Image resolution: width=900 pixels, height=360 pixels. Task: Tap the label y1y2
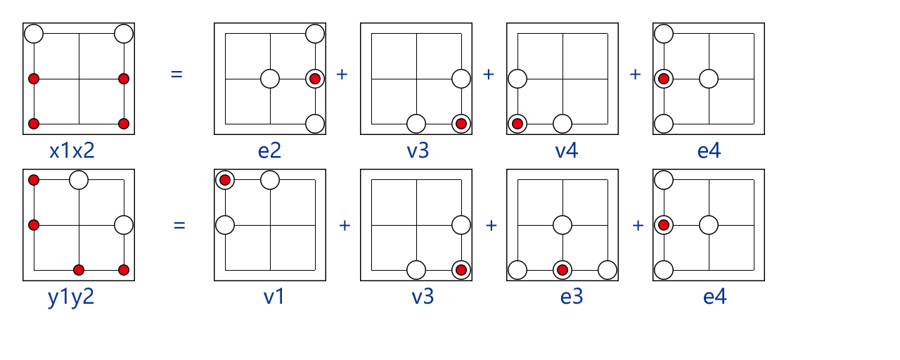pyautogui.click(x=71, y=297)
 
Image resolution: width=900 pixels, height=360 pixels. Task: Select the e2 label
pyautogui.click(x=269, y=150)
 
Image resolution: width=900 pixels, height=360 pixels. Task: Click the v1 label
pyautogui.click(x=274, y=297)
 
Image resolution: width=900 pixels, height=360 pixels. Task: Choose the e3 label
pyautogui.click(x=572, y=297)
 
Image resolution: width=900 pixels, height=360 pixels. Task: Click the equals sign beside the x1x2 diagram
pyautogui.click(x=176, y=73)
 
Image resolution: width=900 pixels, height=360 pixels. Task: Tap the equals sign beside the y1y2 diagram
pyautogui.click(x=179, y=226)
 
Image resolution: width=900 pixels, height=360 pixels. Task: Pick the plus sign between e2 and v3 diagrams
pyautogui.click(x=342, y=75)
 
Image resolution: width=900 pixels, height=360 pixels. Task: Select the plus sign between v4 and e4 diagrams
pyautogui.click(x=635, y=75)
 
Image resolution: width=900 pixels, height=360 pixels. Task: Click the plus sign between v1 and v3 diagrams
pyautogui.click(x=345, y=226)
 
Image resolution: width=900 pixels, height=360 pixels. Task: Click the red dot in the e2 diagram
pyautogui.click(x=315, y=79)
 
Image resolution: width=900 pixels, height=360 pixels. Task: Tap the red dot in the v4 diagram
pyautogui.click(x=517, y=124)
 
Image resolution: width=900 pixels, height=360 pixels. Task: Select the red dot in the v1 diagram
pyautogui.click(x=225, y=180)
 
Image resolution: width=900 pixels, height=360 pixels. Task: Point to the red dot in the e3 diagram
pyautogui.click(x=562, y=270)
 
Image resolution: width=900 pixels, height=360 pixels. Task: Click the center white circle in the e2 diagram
pyautogui.click(x=270, y=79)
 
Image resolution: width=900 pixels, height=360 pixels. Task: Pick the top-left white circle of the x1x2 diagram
pyautogui.click(x=34, y=33)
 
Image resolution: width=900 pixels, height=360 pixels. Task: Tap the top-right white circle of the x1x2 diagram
pyautogui.click(x=124, y=33)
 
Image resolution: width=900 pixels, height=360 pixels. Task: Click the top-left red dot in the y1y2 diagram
pyautogui.click(x=34, y=180)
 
